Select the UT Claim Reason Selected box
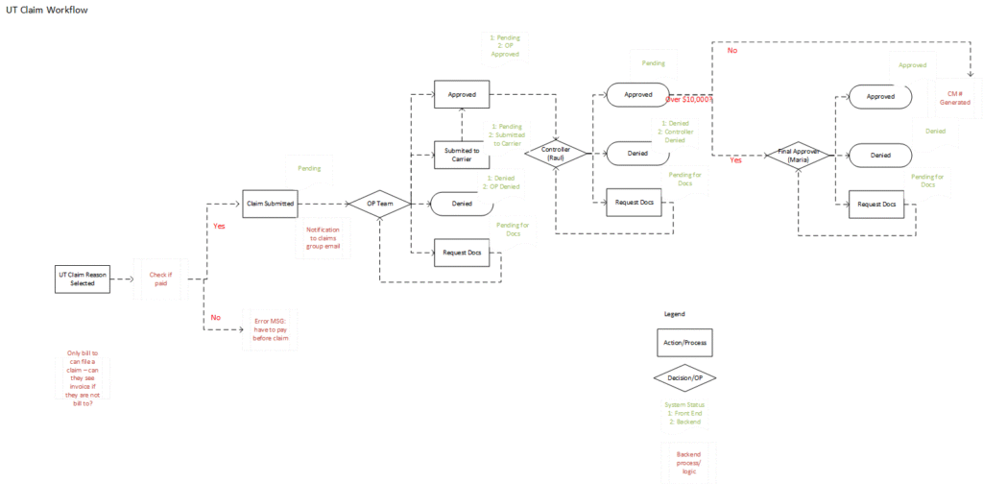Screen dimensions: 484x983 [83, 278]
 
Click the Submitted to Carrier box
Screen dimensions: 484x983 [462, 155]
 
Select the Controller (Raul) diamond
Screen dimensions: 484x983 [556, 154]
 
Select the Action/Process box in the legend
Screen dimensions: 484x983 [685, 342]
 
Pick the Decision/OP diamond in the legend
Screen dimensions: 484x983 [685, 377]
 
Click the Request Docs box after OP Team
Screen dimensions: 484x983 [462, 253]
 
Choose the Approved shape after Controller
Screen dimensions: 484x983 [638, 95]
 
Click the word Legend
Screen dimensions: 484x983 [675, 314]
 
